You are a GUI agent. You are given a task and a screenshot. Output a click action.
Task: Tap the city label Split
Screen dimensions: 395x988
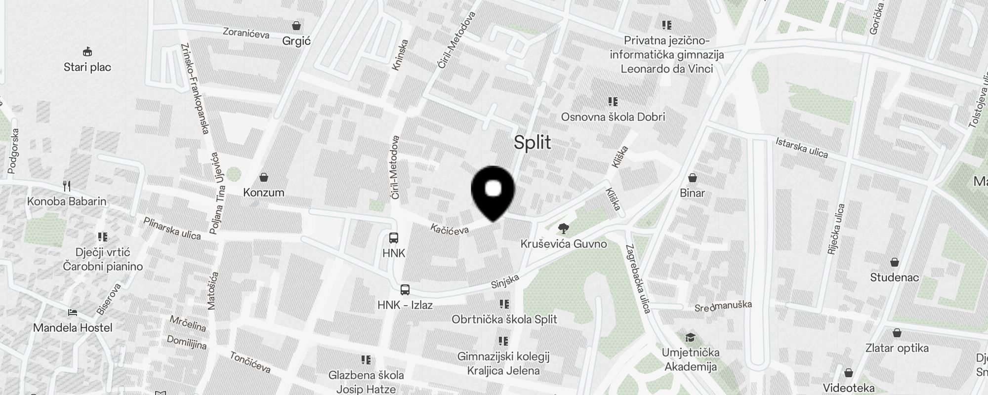[x=532, y=143]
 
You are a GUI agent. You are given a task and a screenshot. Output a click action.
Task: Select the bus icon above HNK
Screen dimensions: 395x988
[x=394, y=238]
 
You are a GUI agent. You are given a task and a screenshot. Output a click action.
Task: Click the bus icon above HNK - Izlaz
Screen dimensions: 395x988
[x=405, y=290]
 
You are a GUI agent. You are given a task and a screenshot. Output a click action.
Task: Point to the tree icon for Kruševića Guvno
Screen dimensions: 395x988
[x=562, y=229]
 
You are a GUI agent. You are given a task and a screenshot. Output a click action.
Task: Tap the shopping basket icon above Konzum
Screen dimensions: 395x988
[x=264, y=177]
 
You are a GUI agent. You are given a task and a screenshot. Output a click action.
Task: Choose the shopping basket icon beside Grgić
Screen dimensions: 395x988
[x=296, y=26]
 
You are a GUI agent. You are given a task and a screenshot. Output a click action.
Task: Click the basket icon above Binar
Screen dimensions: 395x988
[x=693, y=178]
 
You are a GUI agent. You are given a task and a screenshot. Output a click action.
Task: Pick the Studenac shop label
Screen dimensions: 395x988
[x=894, y=277]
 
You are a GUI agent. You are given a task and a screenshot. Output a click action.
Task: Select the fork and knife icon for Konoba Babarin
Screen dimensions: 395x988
[x=67, y=186]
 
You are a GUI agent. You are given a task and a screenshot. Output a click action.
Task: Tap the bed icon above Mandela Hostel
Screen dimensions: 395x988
[x=73, y=313]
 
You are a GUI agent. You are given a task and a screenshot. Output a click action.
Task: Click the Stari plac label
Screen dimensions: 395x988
[x=87, y=67]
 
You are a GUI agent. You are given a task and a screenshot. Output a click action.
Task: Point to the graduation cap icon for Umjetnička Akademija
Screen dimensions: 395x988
[x=691, y=338]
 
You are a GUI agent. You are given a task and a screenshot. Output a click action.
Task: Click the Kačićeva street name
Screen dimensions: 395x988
[x=449, y=229]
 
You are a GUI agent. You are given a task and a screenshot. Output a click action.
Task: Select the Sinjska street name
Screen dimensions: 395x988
[x=505, y=281]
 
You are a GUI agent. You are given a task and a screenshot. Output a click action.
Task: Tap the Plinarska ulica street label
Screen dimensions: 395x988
[x=172, y=228]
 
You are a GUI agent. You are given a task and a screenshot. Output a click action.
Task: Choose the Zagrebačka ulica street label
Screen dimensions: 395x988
[x=638, y=278]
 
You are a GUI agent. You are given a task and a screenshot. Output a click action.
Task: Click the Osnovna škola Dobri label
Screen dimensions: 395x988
[x=613, y=117]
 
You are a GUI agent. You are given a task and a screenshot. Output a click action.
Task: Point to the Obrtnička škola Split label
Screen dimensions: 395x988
[x=504, y=319]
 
